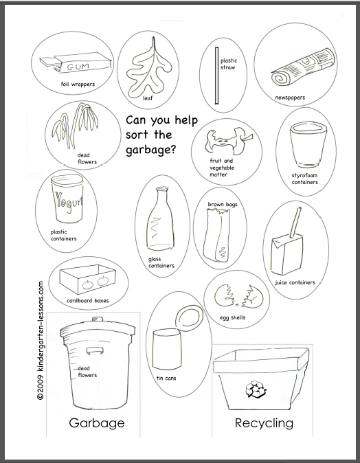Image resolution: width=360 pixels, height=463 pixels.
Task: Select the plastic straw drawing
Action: point(216,76)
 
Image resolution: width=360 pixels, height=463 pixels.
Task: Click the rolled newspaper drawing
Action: point(292,75)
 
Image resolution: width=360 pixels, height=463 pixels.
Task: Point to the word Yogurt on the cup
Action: point(69,203)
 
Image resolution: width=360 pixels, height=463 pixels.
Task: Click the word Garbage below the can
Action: point(96,422)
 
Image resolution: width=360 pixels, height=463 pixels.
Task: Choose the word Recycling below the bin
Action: point(264,422)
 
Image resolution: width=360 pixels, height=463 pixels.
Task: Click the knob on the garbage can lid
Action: point(93,318)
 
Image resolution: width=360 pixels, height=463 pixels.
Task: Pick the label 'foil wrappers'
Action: point(77,84)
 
